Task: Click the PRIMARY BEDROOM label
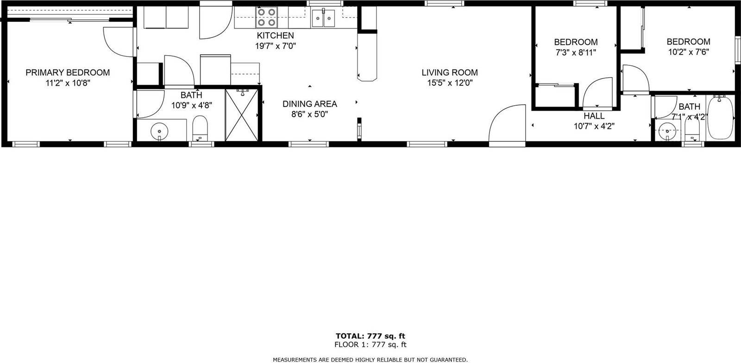point(68,73)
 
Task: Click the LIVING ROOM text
point(449,73)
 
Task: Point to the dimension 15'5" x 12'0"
point(449,83)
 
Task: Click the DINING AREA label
point(309,104)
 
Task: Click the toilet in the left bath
point(200,127)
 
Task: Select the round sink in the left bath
point(159,131)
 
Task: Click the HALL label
point(594,116)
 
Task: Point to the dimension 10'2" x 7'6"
point(688,52)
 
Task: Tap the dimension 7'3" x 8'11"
point(576,52)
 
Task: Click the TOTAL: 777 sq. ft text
point(370,336)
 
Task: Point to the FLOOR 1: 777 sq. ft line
point(370,344)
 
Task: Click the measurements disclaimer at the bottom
point(370,359)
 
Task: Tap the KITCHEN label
point(275,36)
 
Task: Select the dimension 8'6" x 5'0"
point(309,115)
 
